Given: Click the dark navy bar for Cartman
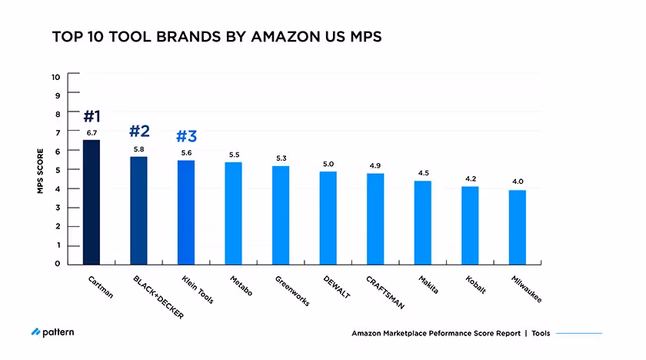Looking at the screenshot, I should click(92, 202).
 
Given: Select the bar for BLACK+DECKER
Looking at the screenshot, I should click(138, 210).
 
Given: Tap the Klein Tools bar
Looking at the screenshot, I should click(186, 212).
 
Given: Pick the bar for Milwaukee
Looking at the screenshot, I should click(518, 227).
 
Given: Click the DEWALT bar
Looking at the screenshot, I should click(328, 218).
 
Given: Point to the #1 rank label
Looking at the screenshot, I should click(92, 117).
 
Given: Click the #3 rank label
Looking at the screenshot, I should click(186, 137).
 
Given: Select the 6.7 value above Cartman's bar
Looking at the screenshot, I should click(92, 133).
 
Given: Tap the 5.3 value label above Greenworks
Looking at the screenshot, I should click(281, 158).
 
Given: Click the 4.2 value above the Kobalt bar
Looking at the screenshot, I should click(471, 178).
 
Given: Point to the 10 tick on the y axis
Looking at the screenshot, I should click(55, 77).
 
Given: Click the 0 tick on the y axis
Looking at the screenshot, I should click(57, 264).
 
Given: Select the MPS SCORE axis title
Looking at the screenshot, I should click(40, 171).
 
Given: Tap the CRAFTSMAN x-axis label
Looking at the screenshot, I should click(385, 292).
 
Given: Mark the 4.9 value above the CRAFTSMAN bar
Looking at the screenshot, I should click(375, 165).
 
